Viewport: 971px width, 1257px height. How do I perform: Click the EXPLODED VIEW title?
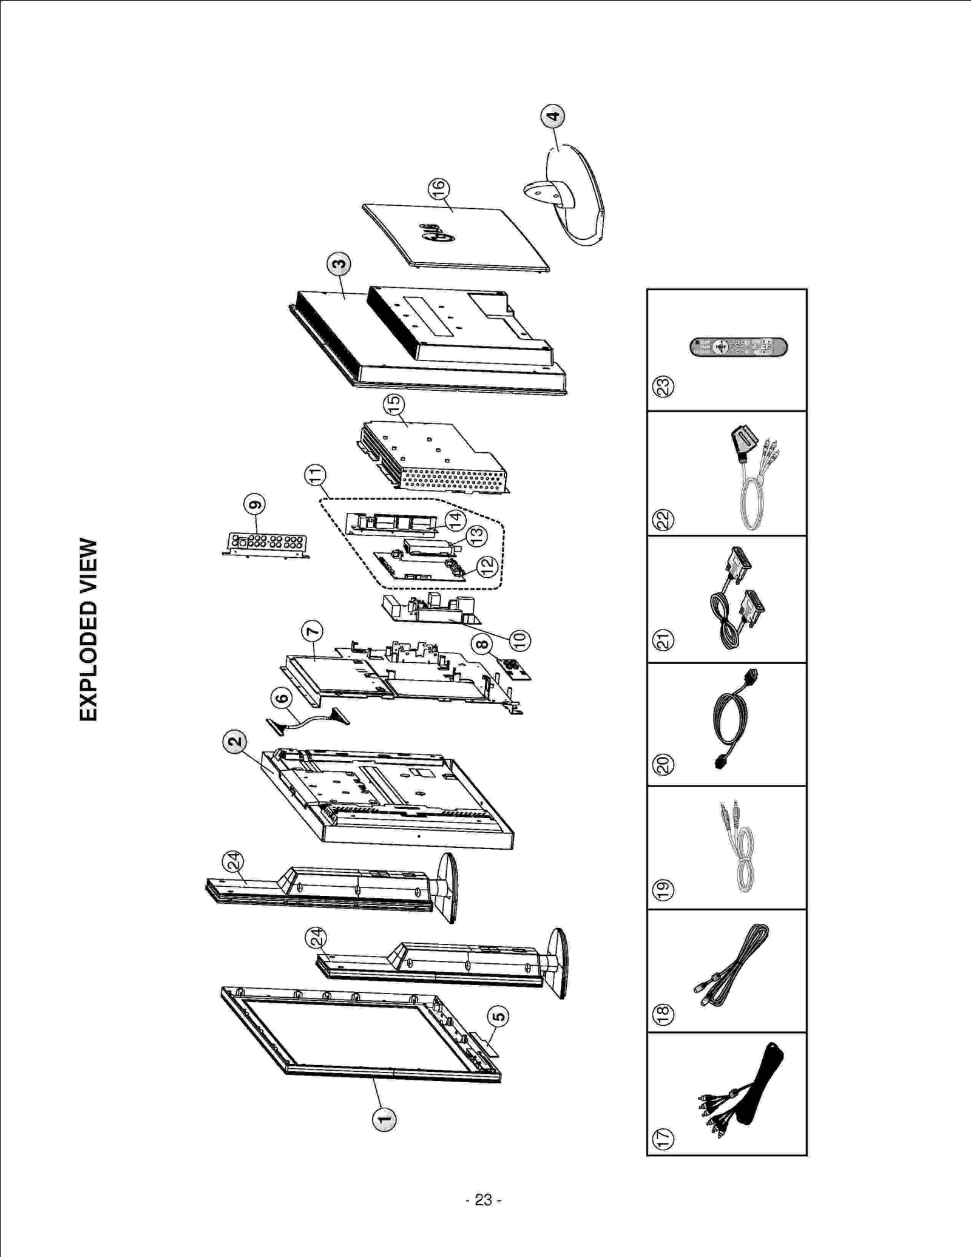point(89,629)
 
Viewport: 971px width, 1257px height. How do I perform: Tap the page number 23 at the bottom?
point(483,1200)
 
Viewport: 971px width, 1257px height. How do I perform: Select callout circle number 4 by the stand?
point(552,116)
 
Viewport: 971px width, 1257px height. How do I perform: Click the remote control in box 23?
point(738,347)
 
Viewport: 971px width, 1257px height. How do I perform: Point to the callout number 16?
point(438,189)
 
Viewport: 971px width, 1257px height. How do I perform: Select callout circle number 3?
point(339,264)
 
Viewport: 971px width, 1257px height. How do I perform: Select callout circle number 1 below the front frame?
point(384,1119)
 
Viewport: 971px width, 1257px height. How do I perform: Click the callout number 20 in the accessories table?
point(663,765)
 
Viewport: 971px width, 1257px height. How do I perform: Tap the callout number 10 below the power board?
point(519,639)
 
